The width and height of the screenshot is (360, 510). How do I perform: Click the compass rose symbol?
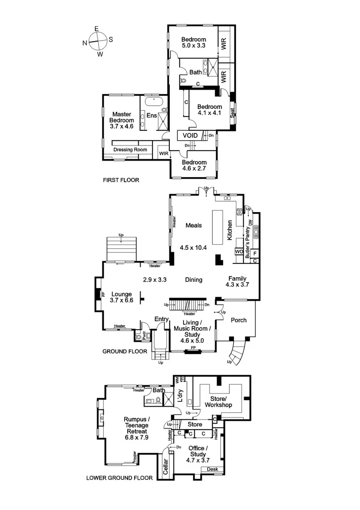coord(97,41)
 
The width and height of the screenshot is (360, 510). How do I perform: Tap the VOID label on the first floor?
coord(190,136)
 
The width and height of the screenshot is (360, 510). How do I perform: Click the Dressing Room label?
coord(130,150)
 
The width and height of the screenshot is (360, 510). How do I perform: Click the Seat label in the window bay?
coord(233,113)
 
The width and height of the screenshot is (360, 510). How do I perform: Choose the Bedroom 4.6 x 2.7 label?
coord(194,166)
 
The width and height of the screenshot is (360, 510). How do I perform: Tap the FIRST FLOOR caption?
coord(121,180)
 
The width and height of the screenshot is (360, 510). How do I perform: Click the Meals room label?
coord(193,225)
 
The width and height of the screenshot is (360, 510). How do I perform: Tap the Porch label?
coord(239,320)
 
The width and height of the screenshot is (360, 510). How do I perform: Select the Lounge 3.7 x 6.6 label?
coord(122,297)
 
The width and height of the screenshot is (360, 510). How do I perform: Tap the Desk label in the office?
coord(211,469)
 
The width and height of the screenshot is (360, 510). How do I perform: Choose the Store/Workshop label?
coord(218,402)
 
